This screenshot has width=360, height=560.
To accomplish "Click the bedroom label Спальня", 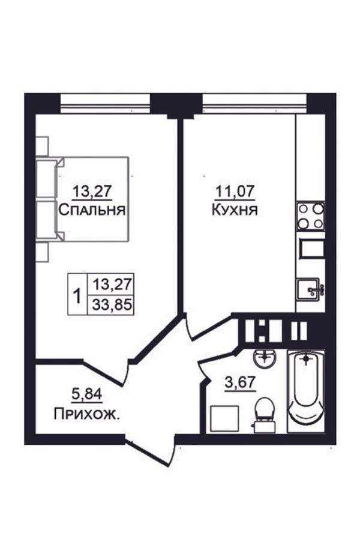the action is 92,210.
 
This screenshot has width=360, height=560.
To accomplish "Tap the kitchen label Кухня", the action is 235,210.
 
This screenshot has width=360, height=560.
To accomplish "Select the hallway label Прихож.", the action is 87,414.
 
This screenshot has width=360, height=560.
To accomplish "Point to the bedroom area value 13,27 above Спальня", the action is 92,192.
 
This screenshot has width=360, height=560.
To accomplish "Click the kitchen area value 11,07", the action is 235,192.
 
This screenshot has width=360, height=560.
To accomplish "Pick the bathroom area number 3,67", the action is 240,383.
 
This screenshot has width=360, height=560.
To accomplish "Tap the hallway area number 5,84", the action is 87,395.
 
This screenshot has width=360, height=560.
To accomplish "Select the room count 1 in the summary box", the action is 77,296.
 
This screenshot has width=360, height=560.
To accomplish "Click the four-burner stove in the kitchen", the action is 310,216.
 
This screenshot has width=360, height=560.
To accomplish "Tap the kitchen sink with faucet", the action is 310,290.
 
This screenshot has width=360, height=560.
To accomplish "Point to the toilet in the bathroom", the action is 265,414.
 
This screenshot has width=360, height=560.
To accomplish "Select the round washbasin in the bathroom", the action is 265,358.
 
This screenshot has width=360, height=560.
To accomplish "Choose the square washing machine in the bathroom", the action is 224,419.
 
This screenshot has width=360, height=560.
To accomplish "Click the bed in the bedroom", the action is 82,199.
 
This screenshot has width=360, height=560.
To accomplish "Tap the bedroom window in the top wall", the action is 105,103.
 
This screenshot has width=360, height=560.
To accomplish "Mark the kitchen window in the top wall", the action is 254,103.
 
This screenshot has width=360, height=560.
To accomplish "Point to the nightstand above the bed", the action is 42,146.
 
